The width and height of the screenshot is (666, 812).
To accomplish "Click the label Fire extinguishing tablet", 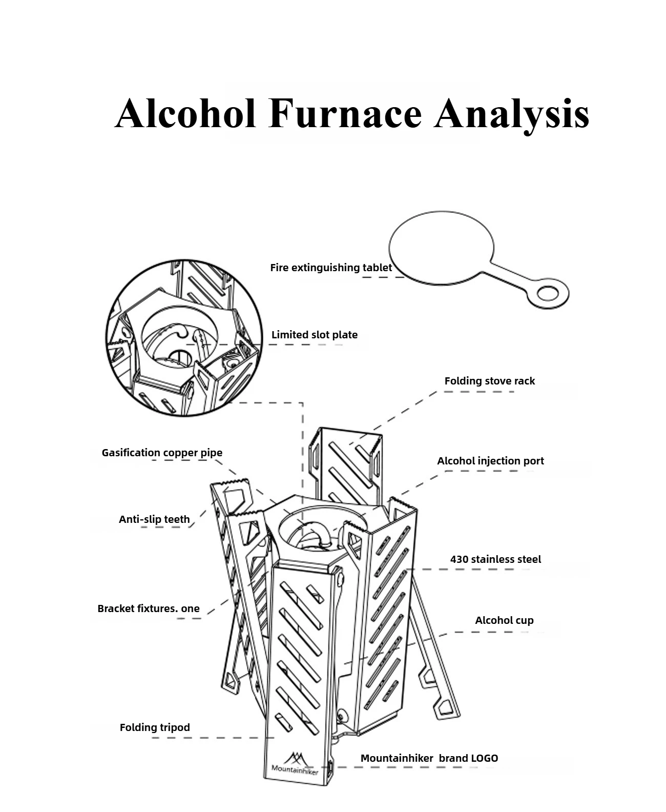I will (331, 268).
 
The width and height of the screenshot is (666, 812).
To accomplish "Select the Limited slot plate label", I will (315, 335).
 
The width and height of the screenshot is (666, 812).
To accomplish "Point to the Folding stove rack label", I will (489, 381).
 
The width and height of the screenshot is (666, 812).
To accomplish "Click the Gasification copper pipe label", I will (162, 453).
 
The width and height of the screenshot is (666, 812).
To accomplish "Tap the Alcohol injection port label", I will (490, 461).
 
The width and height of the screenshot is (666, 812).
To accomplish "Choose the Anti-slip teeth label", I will (154, 519).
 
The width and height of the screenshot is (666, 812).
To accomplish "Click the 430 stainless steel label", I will (495, 559).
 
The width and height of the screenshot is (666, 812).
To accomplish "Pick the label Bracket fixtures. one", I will (149, 608).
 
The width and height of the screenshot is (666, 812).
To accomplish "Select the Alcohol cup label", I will (504, 620).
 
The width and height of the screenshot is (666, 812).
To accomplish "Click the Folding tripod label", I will (155, 727).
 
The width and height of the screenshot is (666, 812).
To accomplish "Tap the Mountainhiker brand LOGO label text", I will (429, 758).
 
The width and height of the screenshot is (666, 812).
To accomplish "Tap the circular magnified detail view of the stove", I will (183, 337).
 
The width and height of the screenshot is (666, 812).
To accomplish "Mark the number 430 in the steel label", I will (460, 559).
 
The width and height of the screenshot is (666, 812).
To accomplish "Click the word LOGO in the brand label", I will (484, 758).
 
